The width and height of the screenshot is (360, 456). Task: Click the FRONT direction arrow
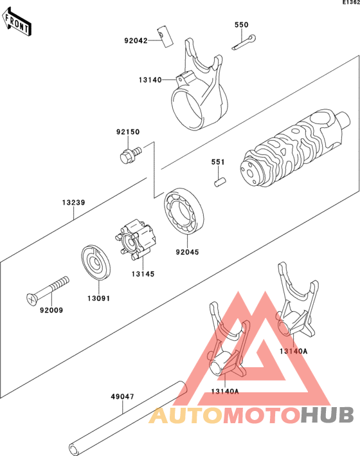click(17, 22)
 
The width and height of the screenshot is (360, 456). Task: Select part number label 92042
click(136, 41)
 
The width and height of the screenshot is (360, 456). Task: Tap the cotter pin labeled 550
click(244, 42)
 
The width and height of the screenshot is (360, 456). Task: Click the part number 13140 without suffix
click(150, 80)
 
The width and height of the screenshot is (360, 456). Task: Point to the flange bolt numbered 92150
click(130, 155)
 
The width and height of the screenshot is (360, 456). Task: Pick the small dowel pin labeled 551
click(221, 183)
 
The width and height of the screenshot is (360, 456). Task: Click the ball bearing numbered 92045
click(184, 210)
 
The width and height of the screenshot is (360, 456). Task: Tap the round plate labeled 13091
click(96, 262)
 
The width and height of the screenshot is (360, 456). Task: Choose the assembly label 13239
click(73, 203)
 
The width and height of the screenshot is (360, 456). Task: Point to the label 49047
click(122, 397)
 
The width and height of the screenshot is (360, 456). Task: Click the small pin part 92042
click(166, 37)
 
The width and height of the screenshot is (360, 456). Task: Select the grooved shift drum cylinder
click(296, 148)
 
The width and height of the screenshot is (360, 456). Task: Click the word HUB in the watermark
click(327, 415)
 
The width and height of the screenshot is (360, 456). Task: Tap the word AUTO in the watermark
click(186, 415)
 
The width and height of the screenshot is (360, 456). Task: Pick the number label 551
click(218, 162)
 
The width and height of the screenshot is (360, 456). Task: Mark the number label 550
click(242, 25)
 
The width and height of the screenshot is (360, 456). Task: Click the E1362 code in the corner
click(351, 3)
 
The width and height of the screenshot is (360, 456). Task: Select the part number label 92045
click(187, 252)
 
